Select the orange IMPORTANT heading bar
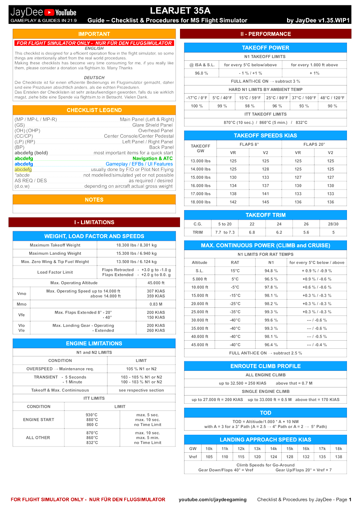click(x=94, y=34)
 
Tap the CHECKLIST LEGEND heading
click(x=94, y=110)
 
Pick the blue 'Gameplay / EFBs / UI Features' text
click(x=139, y=164)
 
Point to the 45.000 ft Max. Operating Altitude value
click(x=156, y=283)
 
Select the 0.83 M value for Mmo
click(x=156, y=304)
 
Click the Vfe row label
click(x=21, y=315)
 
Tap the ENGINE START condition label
click(x=38, y=419)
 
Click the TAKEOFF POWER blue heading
click(x=265, y=48)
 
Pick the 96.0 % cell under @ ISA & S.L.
click(x=201, y=73)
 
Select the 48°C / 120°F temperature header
click(x=333, y=98)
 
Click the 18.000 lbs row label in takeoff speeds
click(x=200, y=202)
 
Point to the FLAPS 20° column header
click(x=314, y=144)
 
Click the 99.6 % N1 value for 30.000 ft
click(x=271, y=320)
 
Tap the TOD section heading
click(x=265, y=413)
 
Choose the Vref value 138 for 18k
click(x=338, y=457)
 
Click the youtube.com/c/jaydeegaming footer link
click(x=212, y=500)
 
